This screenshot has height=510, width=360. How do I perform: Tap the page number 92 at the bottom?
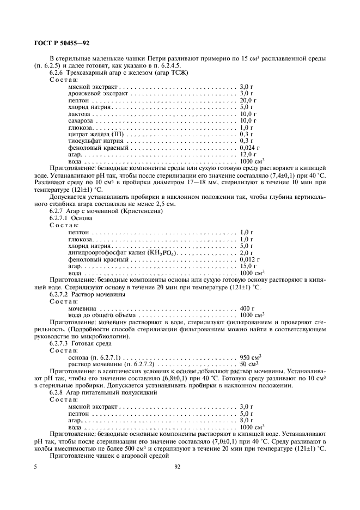point(178,466)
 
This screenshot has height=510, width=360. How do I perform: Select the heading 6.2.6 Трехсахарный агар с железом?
point(119,72)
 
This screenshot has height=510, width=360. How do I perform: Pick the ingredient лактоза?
point(80,114)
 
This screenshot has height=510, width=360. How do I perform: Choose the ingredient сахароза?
point(82,121)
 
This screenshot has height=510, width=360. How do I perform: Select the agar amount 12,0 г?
point(248,155)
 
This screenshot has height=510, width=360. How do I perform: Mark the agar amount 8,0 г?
point(246,421)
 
